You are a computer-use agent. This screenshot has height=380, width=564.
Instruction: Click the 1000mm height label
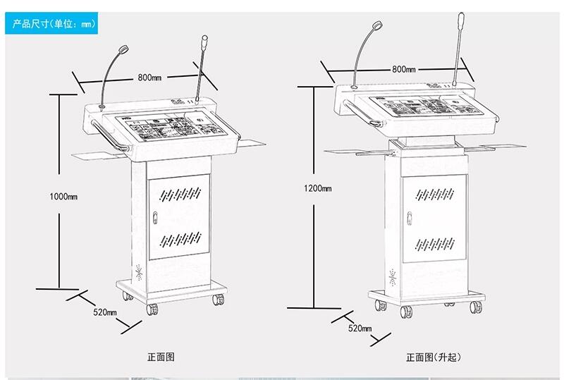[x=64, y=196]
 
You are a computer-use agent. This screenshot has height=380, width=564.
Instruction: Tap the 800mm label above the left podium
[x=149, y=77]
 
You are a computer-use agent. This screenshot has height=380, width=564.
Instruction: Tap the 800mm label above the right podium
[x=403, y=69]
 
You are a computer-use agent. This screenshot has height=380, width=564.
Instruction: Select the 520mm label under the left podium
[x=106, y=312]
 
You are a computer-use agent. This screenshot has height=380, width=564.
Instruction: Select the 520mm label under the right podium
[x=360, y=328]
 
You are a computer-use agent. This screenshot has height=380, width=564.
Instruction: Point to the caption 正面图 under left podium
[x=161, y=357]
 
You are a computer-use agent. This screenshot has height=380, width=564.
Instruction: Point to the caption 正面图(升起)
[x=433, y=357]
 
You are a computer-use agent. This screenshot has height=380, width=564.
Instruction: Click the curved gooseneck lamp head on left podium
[x=125, y=49]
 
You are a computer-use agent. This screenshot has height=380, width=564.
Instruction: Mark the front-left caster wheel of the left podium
[x=153, y=308]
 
